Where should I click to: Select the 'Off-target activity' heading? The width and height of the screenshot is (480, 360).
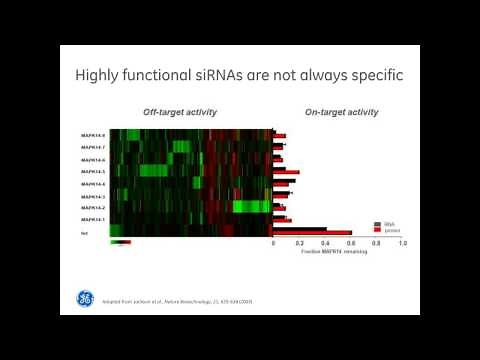click(180, 112)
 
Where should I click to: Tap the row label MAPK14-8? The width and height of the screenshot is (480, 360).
click(93, 135)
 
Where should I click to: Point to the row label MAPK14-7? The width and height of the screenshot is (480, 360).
click(93, 147)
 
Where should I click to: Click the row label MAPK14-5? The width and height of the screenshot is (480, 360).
click(93, 172)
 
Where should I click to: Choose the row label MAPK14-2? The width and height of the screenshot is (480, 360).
click(93, 207)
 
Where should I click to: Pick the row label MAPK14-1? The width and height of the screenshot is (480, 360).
click(93, 219)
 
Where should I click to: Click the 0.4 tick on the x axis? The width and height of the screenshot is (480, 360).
click(325, 244)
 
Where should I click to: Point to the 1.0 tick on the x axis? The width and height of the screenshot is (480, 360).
click(402, 244)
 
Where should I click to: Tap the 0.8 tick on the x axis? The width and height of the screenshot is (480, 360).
click(376, 244)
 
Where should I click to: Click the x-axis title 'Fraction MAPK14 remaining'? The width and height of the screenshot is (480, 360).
click(334, 251)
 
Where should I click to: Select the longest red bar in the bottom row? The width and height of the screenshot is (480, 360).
click(312, 233)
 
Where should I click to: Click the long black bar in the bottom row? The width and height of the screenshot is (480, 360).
click(299, 229)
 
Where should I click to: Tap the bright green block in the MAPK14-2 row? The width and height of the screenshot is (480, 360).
click(250, 207)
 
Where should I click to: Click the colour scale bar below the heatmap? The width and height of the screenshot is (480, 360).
click(120, 242)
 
